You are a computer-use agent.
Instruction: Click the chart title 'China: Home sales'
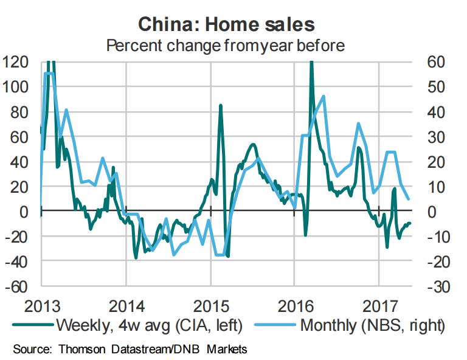(226, 24)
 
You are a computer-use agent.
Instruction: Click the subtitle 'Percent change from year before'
(226, 45)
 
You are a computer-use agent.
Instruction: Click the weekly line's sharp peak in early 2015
(221, 106)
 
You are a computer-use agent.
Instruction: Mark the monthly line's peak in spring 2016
(323, 96)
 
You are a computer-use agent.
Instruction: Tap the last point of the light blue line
(409, 199)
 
